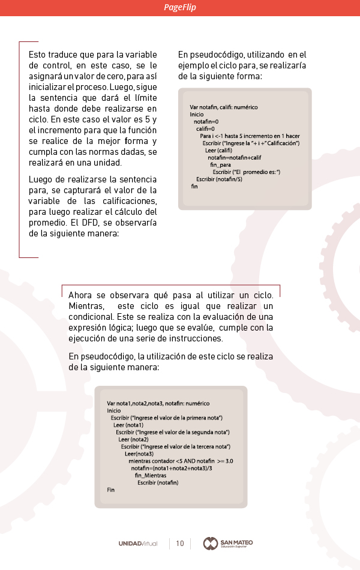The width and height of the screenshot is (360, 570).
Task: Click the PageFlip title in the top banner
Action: pyautogui.click(x=180, y=8)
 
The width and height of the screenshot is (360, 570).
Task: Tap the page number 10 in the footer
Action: pyautogui.click(x=180, y=544)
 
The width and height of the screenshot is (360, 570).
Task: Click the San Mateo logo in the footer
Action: pyautogui.click(x=228, y=544)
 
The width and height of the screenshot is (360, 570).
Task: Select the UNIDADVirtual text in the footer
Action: pyautogui.click(x=138, y=544)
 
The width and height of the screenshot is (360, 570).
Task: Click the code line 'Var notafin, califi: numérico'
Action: pyautogui.click(x=224, y=107)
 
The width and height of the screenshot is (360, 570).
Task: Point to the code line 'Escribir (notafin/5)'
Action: pyautogui.click(x=220, y=179)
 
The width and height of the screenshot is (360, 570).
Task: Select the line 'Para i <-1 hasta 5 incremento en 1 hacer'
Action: pyautogui.click(x=250, y=136)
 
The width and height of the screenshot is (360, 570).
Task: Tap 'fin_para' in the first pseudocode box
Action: pyautogui.click(x=220, y=164)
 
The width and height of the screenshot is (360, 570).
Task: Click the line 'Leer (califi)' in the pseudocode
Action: pyautogui.click(x=218, y=150)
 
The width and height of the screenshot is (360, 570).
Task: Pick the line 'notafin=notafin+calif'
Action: pyautogui.click(x=235, y=157)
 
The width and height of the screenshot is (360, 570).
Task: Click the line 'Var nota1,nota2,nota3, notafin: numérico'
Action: pyautogui.click(x=158, y=403)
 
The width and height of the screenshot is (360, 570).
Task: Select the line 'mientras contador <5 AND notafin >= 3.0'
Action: pyautogui.click(x=181, y=461)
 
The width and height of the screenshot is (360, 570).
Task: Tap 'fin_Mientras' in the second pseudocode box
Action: pyautogui.click(x=151, y=475)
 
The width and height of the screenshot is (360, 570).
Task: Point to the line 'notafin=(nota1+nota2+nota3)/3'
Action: pyautogui.click(x=172, y=468)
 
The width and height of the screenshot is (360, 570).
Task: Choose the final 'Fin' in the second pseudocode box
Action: pyautogui.click(x=111, y=490)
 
